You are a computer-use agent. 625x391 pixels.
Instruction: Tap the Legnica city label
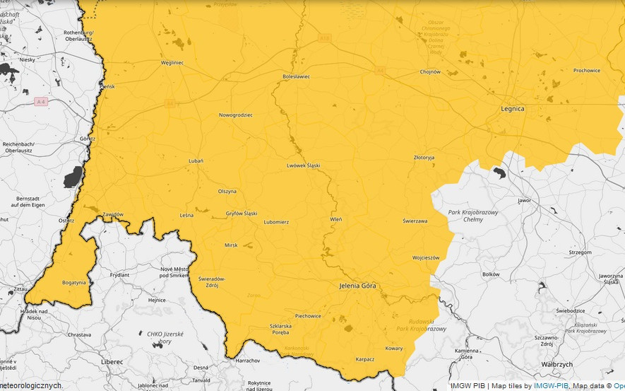(x=513, y=109)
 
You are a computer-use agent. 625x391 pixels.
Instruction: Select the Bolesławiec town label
(x=296, y=76)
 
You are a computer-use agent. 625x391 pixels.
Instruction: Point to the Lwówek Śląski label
(x=303, y=165)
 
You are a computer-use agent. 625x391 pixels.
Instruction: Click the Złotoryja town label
(x=424, y=157)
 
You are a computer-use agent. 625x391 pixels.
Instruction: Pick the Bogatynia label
(x=73, y=282)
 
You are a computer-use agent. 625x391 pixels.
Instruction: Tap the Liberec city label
(x=112, y=361)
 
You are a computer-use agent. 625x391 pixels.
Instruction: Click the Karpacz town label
(x=364, y=358)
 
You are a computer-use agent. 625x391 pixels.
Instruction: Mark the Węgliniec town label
(x=172, y=62)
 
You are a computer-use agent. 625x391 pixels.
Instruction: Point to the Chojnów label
(x=430, y=71)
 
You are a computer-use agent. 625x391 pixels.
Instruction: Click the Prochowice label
(x=586, y=70)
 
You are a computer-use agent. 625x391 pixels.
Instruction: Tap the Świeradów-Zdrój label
(x=212, y=281)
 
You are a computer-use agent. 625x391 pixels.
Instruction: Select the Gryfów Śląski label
(x=241, y=213)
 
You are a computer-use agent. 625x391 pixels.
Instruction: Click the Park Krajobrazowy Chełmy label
(x=474, y=216)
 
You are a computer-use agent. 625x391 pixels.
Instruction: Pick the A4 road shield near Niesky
(x=41, y=102)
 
